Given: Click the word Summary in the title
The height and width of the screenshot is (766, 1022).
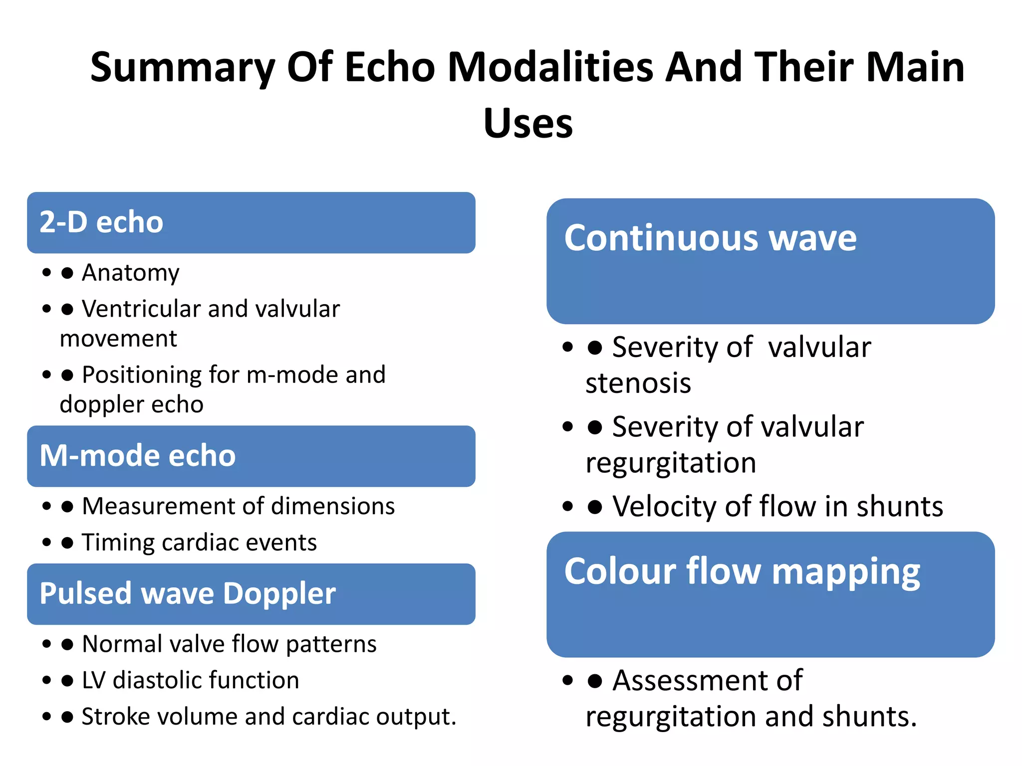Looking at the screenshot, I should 182,68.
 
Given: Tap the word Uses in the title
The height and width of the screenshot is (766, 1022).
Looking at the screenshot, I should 528,123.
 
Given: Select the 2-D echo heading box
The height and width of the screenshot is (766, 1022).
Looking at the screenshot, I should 251,222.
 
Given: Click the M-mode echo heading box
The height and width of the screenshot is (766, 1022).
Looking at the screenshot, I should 251,456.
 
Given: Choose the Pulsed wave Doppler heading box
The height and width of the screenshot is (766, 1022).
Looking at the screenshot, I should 251,594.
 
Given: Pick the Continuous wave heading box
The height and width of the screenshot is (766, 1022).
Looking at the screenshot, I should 770,261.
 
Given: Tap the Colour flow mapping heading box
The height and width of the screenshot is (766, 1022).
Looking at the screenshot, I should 770,594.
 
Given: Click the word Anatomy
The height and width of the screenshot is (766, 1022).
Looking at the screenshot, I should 131,273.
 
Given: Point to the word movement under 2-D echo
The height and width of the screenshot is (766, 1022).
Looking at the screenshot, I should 118,339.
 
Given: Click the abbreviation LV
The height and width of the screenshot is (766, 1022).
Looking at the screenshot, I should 93,680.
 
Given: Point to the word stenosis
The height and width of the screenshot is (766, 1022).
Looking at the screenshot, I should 638,383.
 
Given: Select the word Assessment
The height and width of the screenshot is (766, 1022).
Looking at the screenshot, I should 708,680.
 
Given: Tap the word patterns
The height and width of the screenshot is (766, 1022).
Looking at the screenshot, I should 331,644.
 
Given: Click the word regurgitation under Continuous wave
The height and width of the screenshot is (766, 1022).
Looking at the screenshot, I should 671,463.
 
